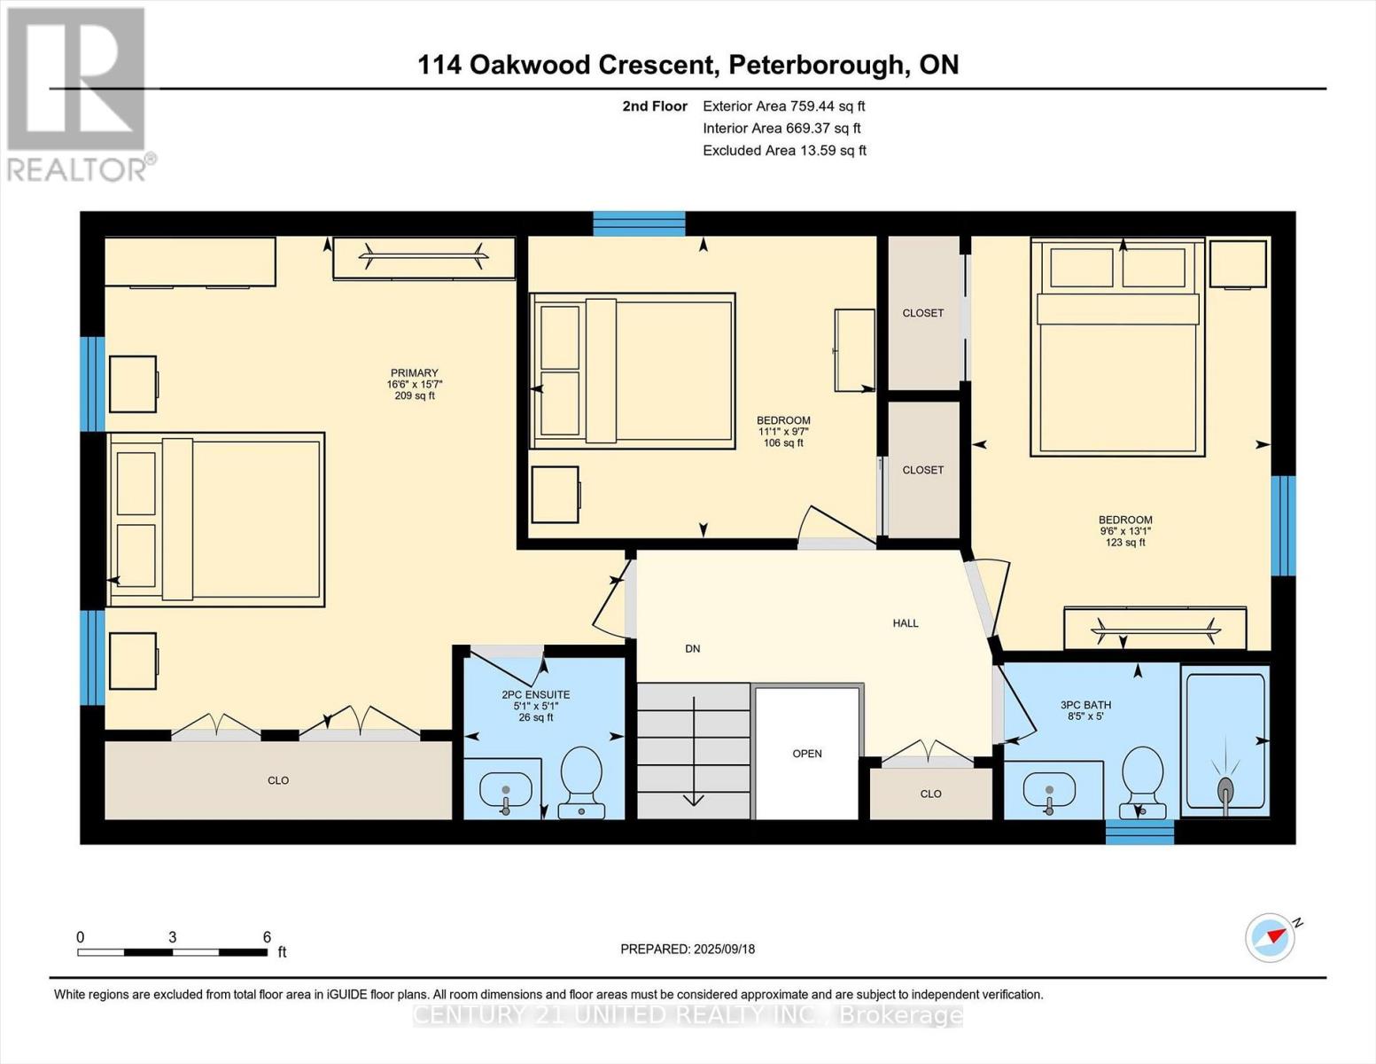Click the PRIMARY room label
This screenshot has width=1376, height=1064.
[x=415, y=373]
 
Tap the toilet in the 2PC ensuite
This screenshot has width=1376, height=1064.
[x=582, y=781]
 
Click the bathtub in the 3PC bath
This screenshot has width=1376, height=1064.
[x=1225, y=741]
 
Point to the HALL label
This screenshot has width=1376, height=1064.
[x=906, y=623]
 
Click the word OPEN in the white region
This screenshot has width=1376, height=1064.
[x=807, y=754]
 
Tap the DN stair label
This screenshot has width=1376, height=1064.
[x=693, y=649]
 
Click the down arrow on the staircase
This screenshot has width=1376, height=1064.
[x=694, y=754]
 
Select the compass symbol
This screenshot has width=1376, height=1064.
[x=1271, y=937]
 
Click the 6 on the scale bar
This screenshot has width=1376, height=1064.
[x=267, y=937]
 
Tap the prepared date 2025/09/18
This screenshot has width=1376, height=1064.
[x=724, y=949]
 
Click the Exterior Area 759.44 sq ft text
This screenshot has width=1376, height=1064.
[x=783, y=106]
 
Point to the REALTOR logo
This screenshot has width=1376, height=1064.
[x=77, y=93]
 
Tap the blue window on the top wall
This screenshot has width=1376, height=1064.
[x=639, y=223]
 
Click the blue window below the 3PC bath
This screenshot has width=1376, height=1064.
[x=1139, y=832]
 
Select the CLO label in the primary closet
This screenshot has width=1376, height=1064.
[x=278, y=780]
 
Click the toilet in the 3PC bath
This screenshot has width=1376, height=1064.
[x=1142, y=781]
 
